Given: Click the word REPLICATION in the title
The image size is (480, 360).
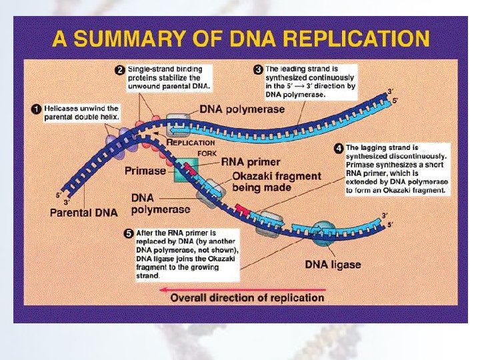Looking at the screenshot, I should (x=353, y=39).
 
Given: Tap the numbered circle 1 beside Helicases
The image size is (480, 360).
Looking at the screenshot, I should (x=37, y=109).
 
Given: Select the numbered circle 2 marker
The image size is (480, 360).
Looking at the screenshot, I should (x=119, y=69).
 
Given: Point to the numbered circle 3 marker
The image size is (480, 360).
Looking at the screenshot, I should (x=257, y=69).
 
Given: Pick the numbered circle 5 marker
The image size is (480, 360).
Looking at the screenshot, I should (x=128, y=233).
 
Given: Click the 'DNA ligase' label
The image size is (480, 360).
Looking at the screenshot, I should (x=333, y=265).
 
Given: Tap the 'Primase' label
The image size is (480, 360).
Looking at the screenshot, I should (x=145, y=171).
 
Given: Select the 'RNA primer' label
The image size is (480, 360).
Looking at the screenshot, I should (x=251, y=161).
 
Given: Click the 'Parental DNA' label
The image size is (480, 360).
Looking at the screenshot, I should (x=84, y=213).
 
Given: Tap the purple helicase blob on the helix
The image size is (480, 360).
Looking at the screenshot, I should (x=110, y=141).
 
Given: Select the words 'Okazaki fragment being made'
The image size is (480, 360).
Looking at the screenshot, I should (x=276, y=182).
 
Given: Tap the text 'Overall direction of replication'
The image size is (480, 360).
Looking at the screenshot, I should (x=247, y=297).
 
